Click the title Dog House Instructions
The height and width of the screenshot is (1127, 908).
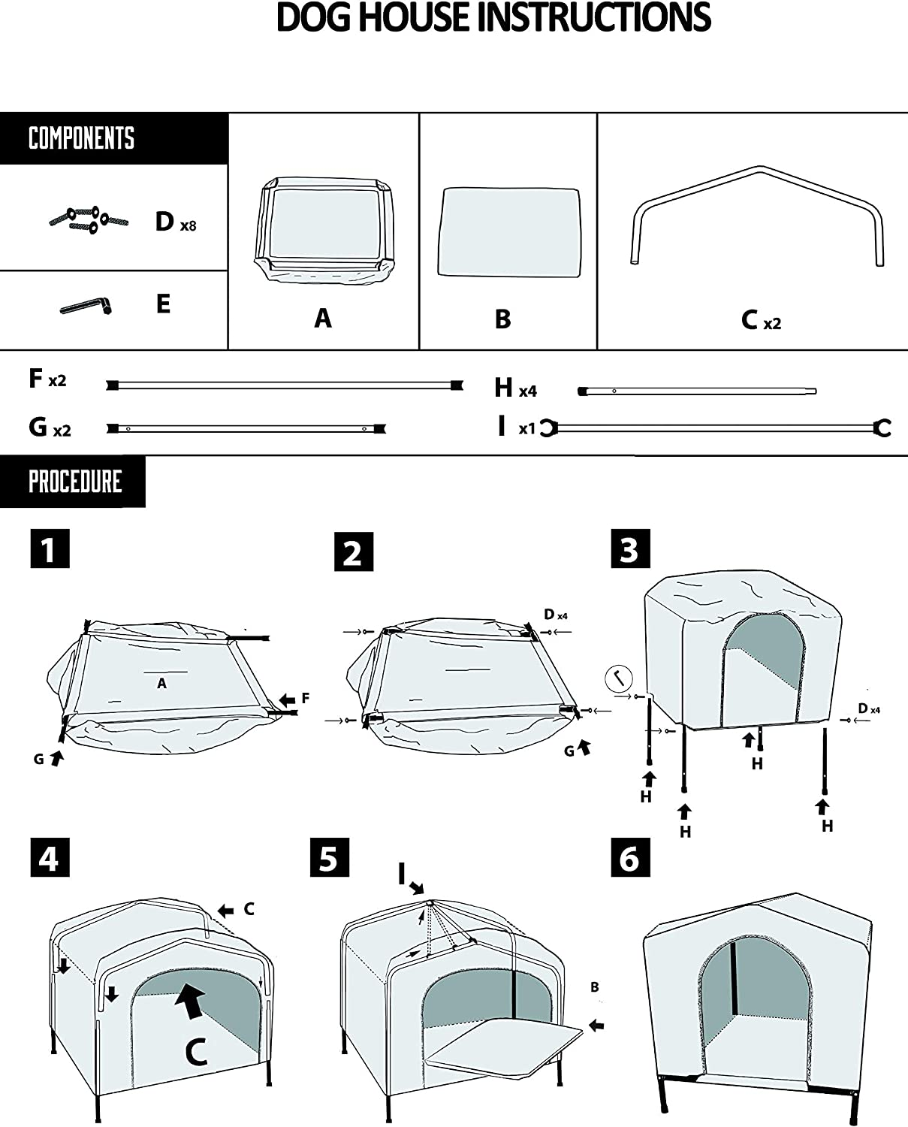click(493, 18)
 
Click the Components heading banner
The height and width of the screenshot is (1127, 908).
click(82, 139)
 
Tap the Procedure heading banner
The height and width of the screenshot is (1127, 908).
click(74, 482)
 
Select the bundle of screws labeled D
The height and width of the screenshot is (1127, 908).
click(89, 219)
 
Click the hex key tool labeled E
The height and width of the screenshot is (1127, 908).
click(86, 307)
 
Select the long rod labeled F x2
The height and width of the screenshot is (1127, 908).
click(284, 385)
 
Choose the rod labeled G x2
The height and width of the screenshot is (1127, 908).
click(246, 429)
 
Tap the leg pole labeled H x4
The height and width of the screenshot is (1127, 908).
click(697, 391)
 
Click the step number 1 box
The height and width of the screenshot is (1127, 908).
click(50, 549)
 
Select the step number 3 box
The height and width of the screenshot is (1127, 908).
click(629, 549)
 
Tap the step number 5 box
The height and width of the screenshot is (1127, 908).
click(329, 857)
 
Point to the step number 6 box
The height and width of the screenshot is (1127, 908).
click(629, 857)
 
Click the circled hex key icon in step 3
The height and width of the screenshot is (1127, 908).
click(617, 679)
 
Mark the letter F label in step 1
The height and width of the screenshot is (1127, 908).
click(306, 698)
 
